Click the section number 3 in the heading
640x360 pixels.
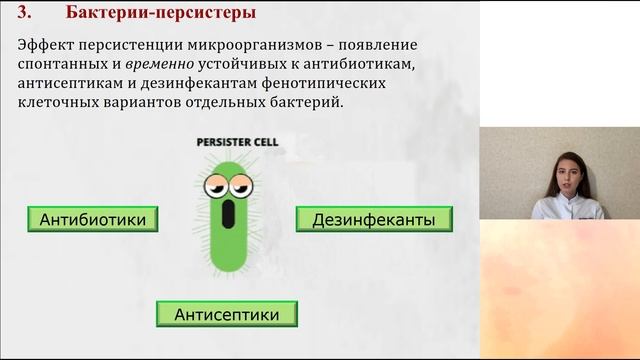(x=26, y=14)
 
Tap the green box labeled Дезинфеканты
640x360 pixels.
(x=373, y=219)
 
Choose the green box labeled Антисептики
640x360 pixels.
(x=227, y=314)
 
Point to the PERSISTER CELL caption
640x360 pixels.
(x=236, y=143)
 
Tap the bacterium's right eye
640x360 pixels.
(x=244, y=185)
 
